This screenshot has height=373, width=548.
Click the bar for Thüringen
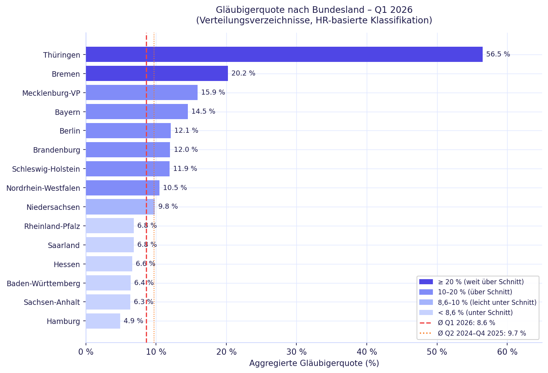(284, 55)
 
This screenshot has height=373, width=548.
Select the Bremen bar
(157, 74)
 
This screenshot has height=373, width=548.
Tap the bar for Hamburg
(103, 321)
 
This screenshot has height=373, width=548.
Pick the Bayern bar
(137, 112)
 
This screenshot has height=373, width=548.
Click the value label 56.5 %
(498, 55)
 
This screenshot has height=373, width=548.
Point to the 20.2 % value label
(243, 74)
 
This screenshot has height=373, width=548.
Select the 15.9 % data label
(213, 93)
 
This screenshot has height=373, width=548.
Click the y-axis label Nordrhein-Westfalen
(43, 188)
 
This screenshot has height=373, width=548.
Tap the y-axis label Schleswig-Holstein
(46, 169)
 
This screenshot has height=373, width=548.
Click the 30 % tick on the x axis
(296, 352)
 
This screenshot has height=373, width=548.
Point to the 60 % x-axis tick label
(507, 352)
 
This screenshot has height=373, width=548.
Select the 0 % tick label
(86, 352)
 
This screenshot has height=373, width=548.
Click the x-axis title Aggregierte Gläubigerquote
(314, 364)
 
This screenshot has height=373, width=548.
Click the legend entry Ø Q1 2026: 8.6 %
(466, 323)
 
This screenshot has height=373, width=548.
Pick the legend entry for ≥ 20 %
(480, 282)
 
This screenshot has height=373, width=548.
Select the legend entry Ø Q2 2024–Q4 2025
(481, 333)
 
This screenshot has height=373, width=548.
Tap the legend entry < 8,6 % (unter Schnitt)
(475, 313)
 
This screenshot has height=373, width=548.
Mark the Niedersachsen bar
(120, 207)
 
